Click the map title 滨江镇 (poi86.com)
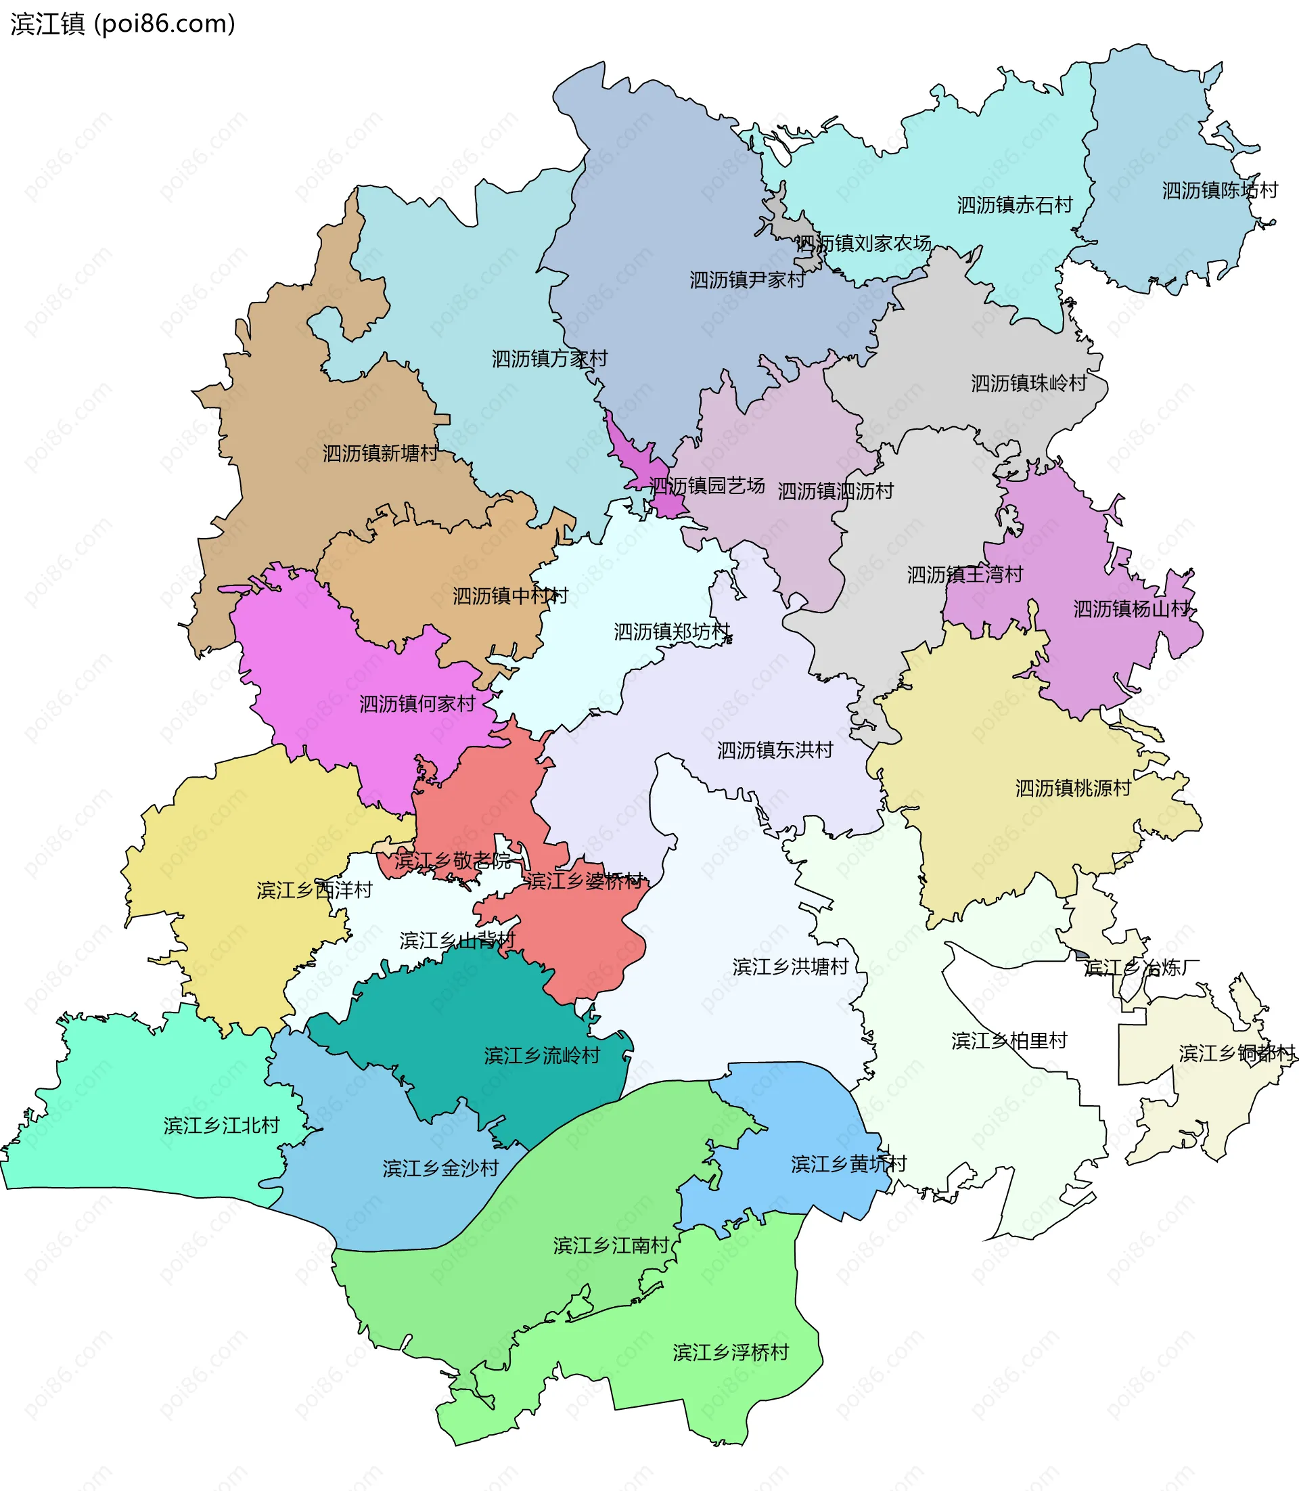click(x=122, y=24)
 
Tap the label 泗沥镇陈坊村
click(x=1220, y=190)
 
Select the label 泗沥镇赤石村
click(x=1014, y=205)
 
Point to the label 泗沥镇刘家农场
click(x=863, y=243)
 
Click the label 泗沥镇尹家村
click(x=747, y=280)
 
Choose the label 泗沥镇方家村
click(x=549, y=358)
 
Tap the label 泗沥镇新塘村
click(x=380, y=453)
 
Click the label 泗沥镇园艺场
click(x=707, y=485)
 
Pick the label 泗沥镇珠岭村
click(x=1028, y=383)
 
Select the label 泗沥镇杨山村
click(x=1131, y=608)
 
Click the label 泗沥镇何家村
click(x=417, y=703)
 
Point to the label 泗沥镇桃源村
click(x=1073, y=788)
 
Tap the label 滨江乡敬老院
click(x=453, y=861)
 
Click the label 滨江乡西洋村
click(x=314, y=890)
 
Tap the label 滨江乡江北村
click(x=221, y=1126)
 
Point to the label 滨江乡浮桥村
click(x=730, y=1352)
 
